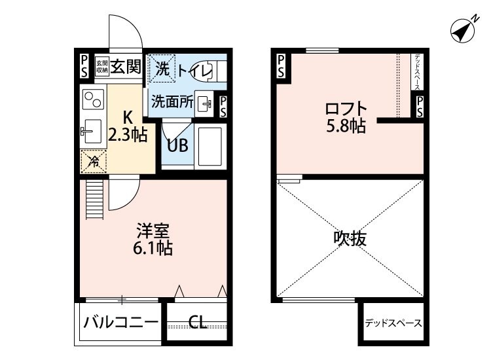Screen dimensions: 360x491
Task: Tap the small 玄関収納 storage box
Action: coord(101,66)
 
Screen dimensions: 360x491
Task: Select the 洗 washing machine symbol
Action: coord(161,67)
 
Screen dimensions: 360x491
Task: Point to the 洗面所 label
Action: coord(172,101)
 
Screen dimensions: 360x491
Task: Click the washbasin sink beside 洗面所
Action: coord(205,103)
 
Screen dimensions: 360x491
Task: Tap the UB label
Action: coord(177,145)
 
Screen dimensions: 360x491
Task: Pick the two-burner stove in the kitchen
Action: coord(94,101)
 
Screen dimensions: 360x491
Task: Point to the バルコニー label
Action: coord(121,322)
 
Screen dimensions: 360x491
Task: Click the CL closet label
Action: coord(197,322)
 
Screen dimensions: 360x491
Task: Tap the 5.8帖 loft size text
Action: coord(345,126)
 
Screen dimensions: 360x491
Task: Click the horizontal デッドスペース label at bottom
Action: coord(393,323)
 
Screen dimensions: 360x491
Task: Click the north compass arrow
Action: coord(464,29)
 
